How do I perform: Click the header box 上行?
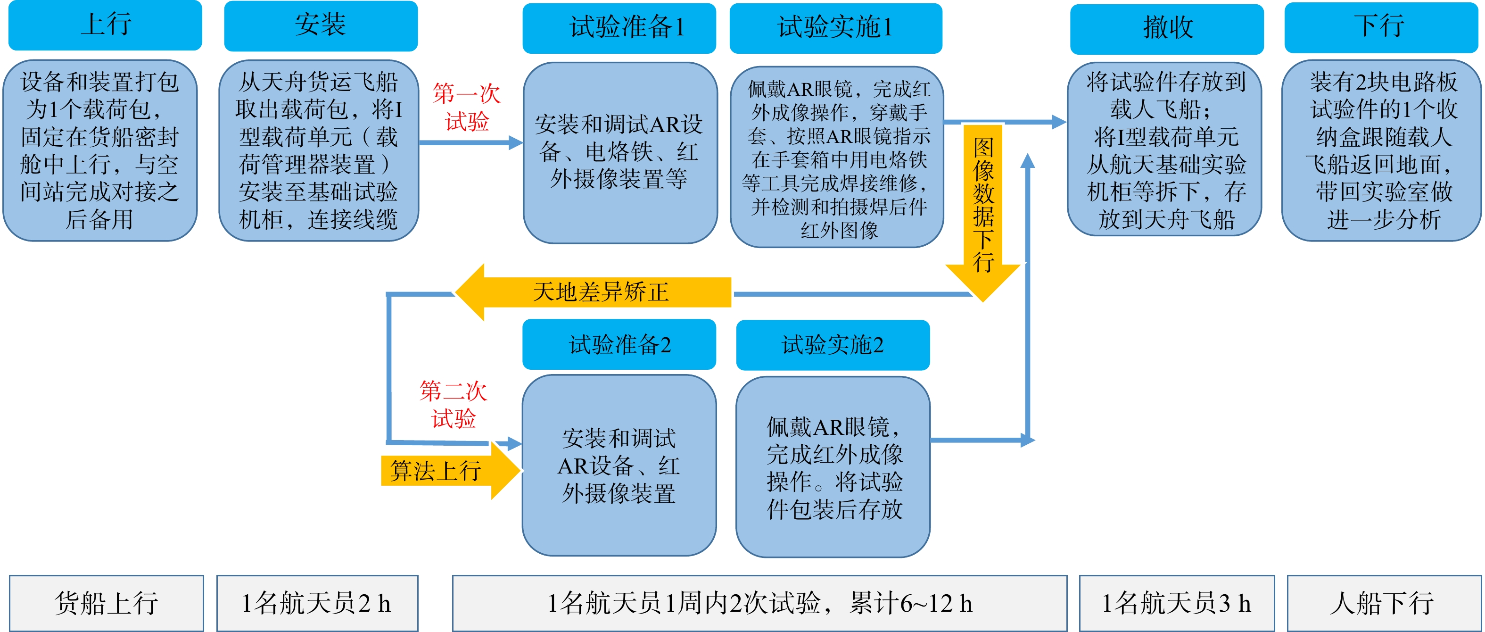point(105,25)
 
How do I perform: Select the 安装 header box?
point(321,26)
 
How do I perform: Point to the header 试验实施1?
point(836,28)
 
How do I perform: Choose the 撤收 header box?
point(1167,29)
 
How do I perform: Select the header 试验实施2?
point(833,345)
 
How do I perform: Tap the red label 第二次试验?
point(453,404)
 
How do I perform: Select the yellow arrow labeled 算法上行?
point(451,471)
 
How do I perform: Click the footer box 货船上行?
point(107,603)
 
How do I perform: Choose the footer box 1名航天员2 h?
point(318,603)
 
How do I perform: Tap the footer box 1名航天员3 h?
point(1177,603)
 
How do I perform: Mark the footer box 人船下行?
point(1384,603)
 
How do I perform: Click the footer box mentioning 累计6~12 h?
point(760,603)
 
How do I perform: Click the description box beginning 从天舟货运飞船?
point(319,150)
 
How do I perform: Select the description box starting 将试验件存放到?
point(1165,150)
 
